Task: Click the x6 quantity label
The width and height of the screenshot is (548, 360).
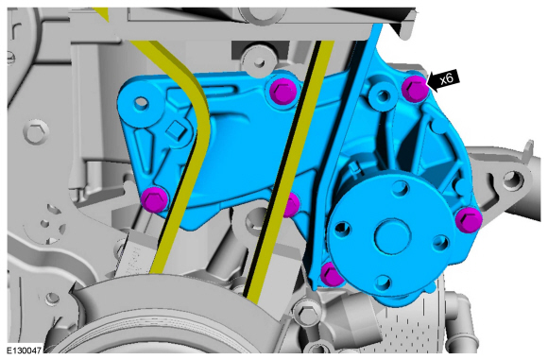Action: tap(446, 78)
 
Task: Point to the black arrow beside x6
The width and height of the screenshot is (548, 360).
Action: tap(444, 80)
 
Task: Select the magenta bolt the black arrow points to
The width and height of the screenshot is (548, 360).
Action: tap(415, 88)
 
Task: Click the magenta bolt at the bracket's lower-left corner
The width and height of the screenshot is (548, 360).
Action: tap(154, 199)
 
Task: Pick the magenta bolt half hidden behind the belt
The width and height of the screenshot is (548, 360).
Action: tap(292, 205)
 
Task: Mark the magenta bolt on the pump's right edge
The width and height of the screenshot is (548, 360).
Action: tap(469, 219)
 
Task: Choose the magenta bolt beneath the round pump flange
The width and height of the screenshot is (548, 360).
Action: tap(332, 274)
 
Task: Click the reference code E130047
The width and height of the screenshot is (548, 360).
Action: tap(25, 350)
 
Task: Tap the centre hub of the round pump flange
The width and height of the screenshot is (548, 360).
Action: tap(392, 235)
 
